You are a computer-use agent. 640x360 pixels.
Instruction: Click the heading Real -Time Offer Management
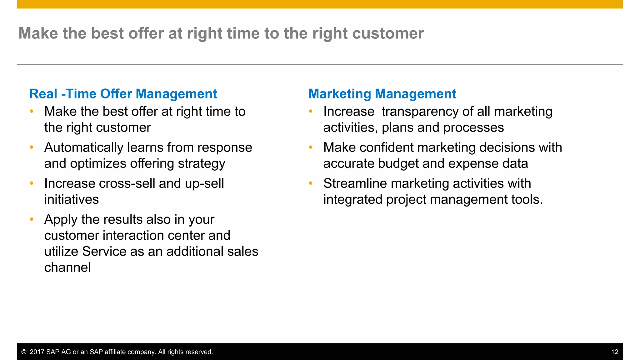click(123, 94)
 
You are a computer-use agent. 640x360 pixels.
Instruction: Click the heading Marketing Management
click(382, 94)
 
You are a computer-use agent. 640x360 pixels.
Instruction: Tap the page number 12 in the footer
click(614, 352)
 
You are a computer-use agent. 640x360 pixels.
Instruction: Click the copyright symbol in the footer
click(24, 352)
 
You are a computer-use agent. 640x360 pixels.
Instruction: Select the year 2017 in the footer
click(37, 352)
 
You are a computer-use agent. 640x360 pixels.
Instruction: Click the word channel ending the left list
click(67, 267)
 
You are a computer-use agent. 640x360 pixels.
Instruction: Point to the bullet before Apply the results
click(32, 219)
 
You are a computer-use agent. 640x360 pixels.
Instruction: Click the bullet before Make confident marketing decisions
click(311, 147)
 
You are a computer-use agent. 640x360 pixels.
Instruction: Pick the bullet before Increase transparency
click(311, 111)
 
